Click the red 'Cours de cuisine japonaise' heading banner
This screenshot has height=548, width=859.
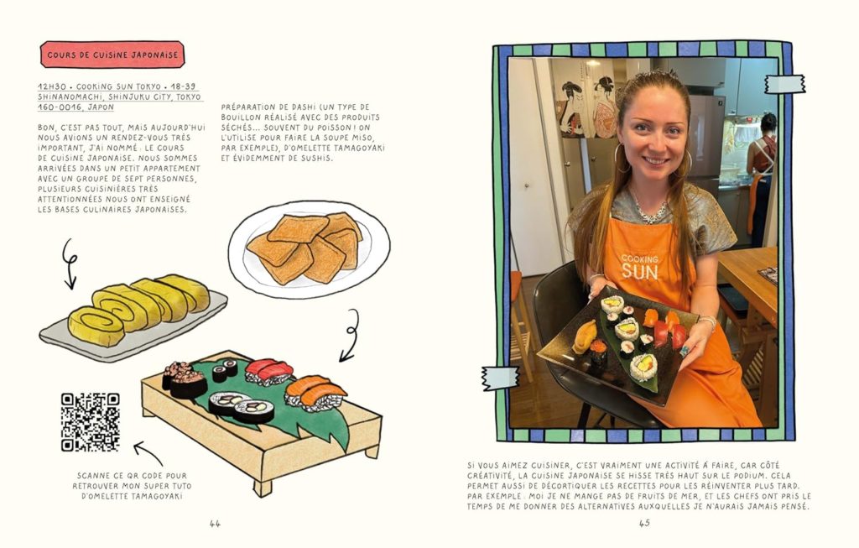(112, 55)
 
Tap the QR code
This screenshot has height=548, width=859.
(91, 422)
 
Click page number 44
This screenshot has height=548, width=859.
(215, 524)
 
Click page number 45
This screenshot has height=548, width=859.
(644, 524)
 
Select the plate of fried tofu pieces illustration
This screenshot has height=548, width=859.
(309, 251)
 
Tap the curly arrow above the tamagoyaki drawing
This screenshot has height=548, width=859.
(70, 263)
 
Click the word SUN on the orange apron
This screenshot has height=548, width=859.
(639, 271)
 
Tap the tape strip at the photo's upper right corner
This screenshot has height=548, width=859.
(784, 83)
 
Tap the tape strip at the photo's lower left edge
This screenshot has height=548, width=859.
(500, 378)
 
